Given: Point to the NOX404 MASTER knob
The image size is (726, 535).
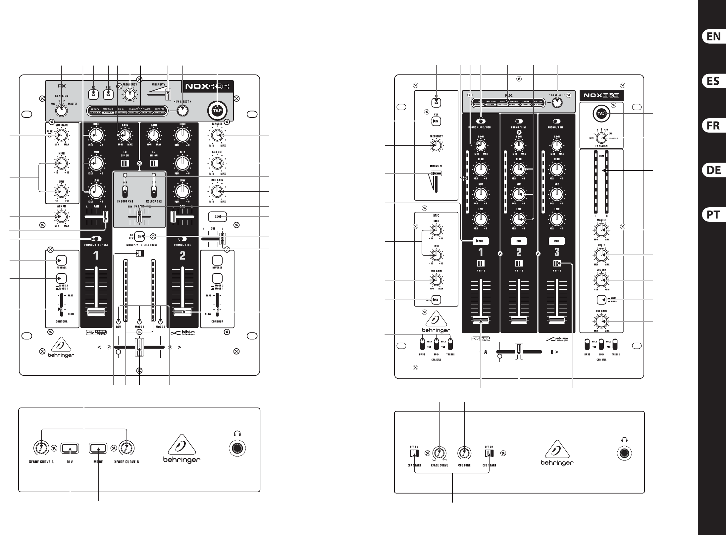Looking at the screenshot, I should click(x=217, y=135).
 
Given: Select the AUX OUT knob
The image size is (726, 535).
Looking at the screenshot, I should click(x=217, y=163).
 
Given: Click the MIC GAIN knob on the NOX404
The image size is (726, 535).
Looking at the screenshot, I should click(x=61, y=135).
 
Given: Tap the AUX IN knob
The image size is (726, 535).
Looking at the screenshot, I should click(x=61, y=217).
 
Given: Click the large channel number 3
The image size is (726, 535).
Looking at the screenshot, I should click(x=557, y=252).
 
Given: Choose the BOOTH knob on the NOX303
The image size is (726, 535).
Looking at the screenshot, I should click(x=601, y=255).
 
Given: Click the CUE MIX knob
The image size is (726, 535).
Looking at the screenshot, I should click(x=601, y=280).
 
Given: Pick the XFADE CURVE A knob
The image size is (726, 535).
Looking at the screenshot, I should click(x=41, y=448).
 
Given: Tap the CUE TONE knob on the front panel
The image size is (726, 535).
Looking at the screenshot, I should click(x=464, y=453).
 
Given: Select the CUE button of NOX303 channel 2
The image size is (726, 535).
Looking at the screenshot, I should click(x=519, y=241).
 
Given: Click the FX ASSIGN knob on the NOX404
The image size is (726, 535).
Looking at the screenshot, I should click(x=61, y=110).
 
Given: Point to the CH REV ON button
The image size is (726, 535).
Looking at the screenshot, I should click(x=140, y=236).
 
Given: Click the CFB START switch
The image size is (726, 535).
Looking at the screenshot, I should click(x=490, y=453).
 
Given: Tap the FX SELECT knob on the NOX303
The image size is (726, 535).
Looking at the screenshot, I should click(x=558, y=103).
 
